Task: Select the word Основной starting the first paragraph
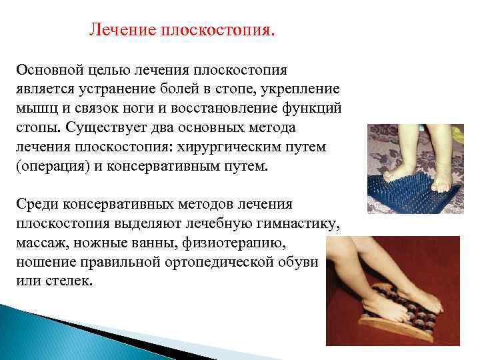point(50,70)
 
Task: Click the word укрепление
point(300,89)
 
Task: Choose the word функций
point(311,109)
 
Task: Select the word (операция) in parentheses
point(53,167)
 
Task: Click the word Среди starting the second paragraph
point(37,204)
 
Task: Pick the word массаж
point(42,243)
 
